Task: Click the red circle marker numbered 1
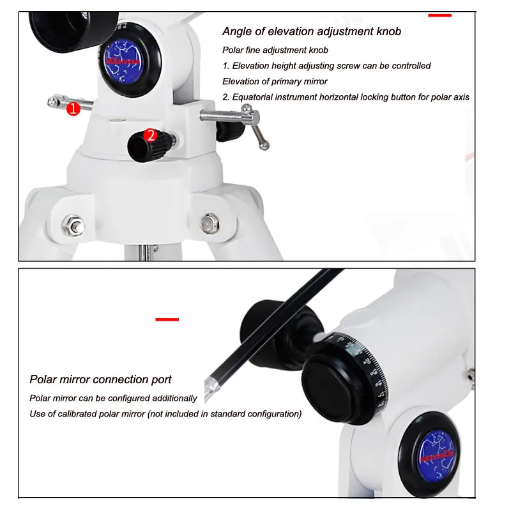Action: coord(73,109)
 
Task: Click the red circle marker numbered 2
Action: coord(151,135)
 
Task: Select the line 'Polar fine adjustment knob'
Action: coord(275,50)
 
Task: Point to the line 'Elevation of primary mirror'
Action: coord(275,81)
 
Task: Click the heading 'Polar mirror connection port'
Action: coord(100,379)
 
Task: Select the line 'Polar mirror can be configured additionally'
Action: coord(113,398)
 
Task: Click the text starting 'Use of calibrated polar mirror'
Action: coord(165,414)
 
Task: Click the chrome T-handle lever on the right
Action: coord(252,128)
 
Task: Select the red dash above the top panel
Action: coord(439,14)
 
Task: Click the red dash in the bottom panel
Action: coord(167,319)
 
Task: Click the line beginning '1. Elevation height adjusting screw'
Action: coord(326,66)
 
